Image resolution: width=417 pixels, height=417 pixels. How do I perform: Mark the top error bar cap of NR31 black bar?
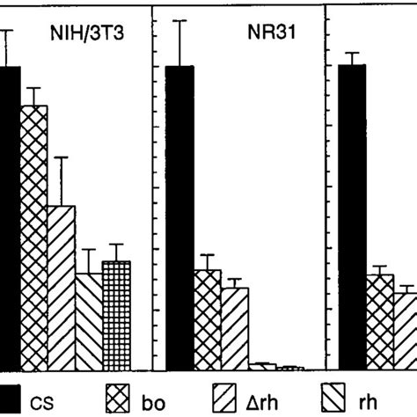(x=180, y=20)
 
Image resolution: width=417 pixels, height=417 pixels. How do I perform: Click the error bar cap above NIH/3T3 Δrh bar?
(x=62, y=157)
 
